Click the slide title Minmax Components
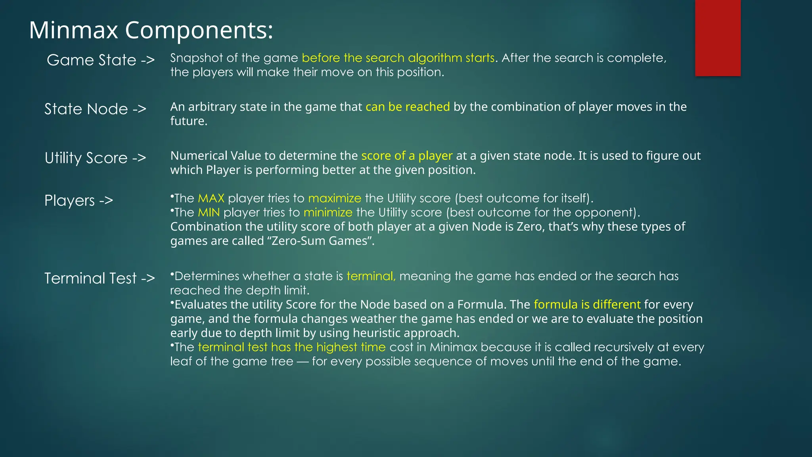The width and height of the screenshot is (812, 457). (x=151, y=30)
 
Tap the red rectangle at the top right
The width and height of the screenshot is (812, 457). (x=718, y=38)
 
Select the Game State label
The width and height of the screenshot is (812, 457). (x=100, y=60)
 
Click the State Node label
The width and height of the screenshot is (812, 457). (x=95, y=109)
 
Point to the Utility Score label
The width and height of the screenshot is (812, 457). (x=95, y=158)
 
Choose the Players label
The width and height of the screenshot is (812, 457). (x=79, y=201)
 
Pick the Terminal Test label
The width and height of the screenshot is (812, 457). (x=99, y=278)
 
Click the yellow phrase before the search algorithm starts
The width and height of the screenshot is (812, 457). (x=398, y=58)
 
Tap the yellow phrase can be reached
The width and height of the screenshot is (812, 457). (x=408, y=107)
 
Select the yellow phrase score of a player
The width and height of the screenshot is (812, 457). (x=407, y=156)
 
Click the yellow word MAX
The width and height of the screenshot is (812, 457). (x=211, y=198)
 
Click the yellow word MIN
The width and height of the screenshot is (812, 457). (x=209, y=213)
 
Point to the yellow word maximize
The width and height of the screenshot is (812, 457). (x=335, y=198)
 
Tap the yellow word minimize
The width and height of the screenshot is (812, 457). (x=328, y=213)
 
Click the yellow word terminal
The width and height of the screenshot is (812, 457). (x=371, y=276)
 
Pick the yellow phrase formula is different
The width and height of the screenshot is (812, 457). (x=587, y=305)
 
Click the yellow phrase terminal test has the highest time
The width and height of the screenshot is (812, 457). (x=291, y=347)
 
